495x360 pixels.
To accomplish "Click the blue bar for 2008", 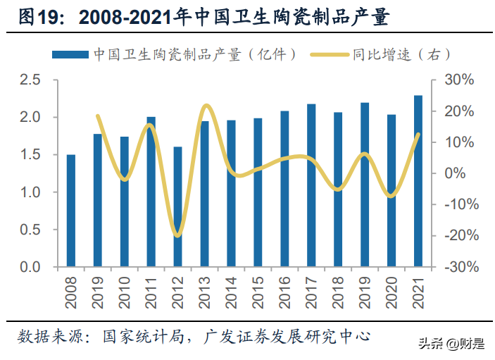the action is click(71, 211).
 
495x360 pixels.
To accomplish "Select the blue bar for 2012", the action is click(177, 207).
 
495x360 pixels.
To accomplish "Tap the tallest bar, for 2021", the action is click(418, 181).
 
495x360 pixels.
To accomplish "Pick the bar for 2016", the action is click(284, 189).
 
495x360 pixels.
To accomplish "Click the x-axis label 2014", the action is click(231, 292).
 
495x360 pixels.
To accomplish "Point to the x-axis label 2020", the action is click(391, 292).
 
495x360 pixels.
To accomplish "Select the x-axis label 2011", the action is click(151, 292).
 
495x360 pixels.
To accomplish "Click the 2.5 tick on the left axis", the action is click(30, 80).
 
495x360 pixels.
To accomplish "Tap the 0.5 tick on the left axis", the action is click(30, 230).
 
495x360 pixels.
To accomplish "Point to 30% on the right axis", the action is click(459, 80).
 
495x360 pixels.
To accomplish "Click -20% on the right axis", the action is click(461, 235).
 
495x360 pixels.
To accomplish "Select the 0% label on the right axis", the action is click(455, 173).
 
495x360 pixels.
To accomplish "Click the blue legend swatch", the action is click(70, 55).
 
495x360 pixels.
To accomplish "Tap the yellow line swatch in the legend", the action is click(330, 55).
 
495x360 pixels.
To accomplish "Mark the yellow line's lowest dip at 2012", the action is click(177, 235).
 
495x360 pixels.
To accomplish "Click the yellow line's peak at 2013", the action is click(206, 106).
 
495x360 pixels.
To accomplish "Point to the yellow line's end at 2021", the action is click(419, 135).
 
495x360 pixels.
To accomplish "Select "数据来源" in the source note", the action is click(51, 337).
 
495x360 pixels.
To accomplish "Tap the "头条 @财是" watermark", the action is click(452, 344).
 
